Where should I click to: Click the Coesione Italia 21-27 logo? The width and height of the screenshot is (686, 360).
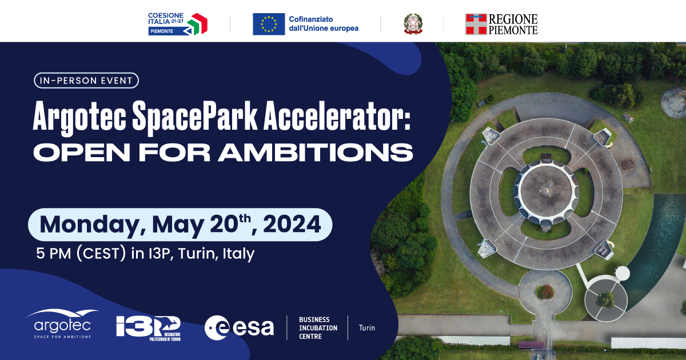click(177, 24)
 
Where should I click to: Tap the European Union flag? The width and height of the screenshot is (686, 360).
click(269, 24)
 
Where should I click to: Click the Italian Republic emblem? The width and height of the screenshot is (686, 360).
click(412, 24)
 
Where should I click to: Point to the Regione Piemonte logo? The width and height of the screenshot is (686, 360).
click(501, 24)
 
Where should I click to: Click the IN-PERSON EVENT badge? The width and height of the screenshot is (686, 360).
click(86, 81)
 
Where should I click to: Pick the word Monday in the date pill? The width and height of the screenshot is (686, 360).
click(91, 224)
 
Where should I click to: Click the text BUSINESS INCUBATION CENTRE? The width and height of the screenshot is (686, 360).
click(318, 328)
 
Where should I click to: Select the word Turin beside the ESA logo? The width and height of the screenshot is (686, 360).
click(366, 328)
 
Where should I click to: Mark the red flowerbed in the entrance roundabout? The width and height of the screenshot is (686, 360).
click(544, 291)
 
